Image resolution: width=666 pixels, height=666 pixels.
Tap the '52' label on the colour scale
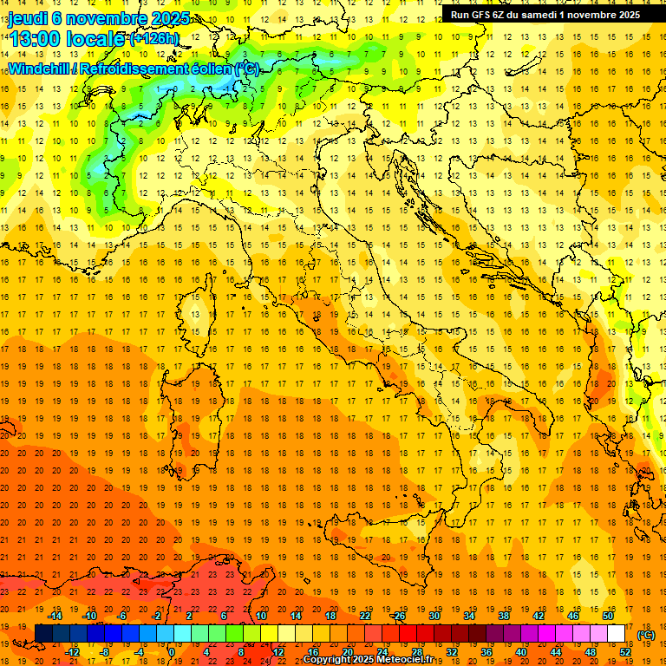pos(625,652)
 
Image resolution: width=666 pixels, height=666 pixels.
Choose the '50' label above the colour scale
pos(608,616)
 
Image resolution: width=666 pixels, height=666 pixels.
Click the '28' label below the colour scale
pos(416,652)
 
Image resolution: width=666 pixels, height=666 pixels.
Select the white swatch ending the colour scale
pos(617,634)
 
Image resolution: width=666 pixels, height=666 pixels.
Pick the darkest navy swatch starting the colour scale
pos(43,634)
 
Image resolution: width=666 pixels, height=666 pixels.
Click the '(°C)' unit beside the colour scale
pos(647,635)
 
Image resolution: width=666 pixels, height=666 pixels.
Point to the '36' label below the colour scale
pos(486,652)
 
